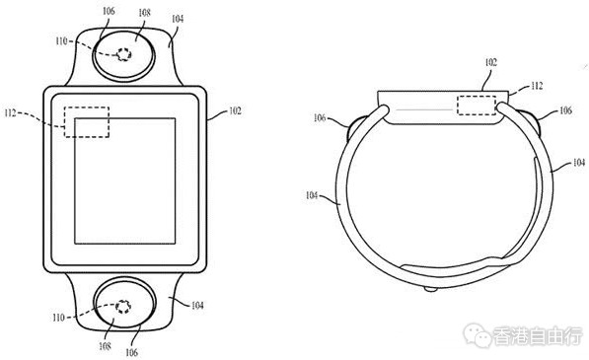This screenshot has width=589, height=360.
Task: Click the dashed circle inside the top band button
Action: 123,55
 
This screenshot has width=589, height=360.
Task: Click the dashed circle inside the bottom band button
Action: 123,307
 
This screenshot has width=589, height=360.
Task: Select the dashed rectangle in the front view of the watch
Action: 87,122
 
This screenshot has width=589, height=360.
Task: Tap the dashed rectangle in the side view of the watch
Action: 477,106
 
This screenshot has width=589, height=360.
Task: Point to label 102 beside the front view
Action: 235,111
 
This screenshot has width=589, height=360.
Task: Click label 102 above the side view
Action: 490,62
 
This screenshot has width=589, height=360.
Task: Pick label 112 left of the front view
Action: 11,112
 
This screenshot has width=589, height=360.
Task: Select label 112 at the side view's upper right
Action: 537,86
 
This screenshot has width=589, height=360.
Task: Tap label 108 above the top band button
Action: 144,13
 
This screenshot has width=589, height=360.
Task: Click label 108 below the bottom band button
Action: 105,346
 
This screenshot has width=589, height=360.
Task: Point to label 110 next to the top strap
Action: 61,40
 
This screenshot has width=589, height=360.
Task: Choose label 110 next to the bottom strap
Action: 58,318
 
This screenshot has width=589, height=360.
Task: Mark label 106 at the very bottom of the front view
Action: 131,352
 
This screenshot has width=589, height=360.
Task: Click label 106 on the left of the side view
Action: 320,118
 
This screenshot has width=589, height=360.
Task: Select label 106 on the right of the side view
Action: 565,110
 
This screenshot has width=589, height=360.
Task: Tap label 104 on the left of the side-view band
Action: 312,195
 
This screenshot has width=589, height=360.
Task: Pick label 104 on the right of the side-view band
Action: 579,162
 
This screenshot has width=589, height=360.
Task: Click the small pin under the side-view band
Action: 430,289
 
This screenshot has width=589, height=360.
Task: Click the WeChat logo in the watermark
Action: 478,335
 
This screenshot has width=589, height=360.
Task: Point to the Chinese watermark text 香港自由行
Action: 538,336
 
